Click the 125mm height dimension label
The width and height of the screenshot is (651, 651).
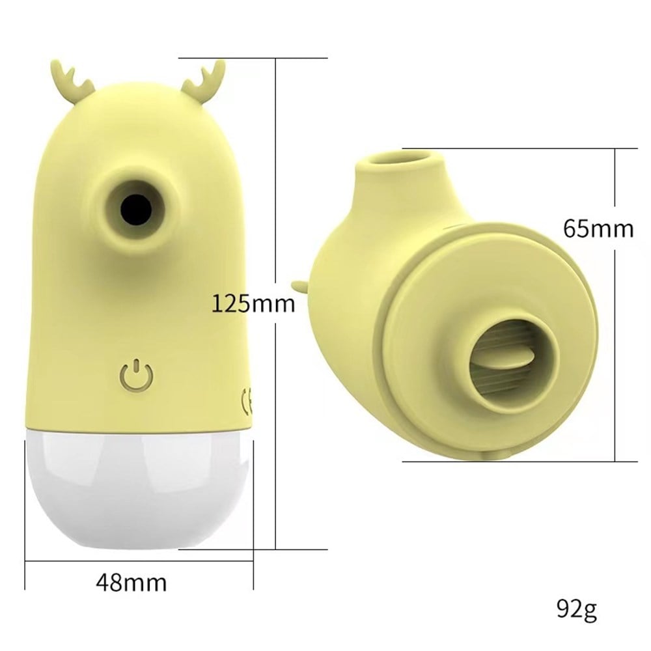253,304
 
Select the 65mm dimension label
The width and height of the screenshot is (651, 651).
598,229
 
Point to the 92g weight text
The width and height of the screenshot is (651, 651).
576,610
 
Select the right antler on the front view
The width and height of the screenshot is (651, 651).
204,77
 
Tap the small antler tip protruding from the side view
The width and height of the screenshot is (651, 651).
298,285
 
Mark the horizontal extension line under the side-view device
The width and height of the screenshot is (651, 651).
521,462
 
